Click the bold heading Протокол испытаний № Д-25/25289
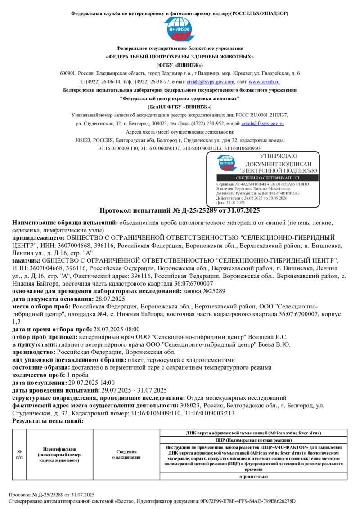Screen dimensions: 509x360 click(x=180, y=210)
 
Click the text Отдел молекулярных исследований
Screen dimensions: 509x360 click(x=236, y=398)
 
